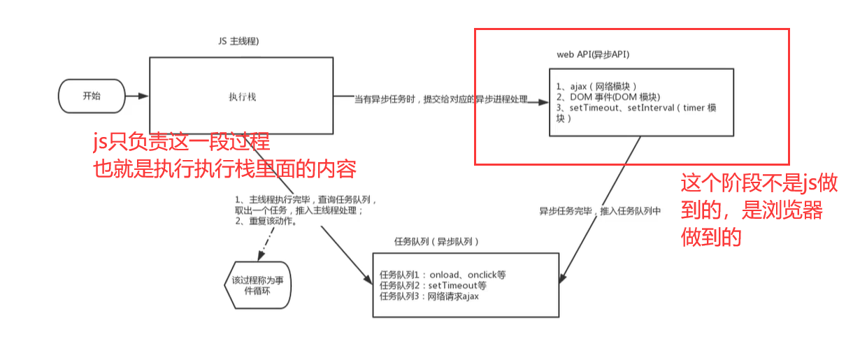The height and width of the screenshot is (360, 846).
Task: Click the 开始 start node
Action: (x=92, y=96)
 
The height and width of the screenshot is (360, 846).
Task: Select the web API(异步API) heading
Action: (x=596, y=54)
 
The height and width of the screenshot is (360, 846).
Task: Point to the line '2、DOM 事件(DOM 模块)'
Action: (x=608, y=97)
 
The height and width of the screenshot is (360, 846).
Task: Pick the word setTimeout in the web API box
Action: (x=596, y=108)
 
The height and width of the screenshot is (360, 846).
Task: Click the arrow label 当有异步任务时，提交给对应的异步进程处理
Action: (x=440, y=100)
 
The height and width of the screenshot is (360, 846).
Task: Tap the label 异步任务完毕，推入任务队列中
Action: (x=600, y=210)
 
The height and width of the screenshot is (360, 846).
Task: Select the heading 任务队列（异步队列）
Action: (x=437, y=241)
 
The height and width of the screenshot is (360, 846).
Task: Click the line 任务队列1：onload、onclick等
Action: (x=442, y=275)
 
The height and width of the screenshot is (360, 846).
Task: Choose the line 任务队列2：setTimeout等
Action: (x=433, y=285)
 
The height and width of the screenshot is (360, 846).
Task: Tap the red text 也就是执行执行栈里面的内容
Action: (x=225, y=168)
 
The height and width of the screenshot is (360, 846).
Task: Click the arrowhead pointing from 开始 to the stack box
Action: (x=144, y=96)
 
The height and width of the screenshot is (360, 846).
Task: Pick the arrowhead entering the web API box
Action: (x=543, y=103)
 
